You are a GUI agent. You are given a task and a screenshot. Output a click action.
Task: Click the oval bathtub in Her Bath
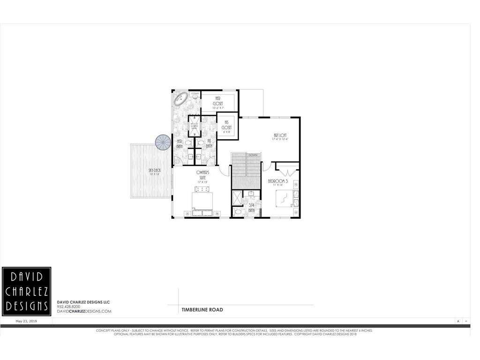[180, 99]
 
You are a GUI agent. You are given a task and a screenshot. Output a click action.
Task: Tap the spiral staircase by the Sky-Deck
[164, 142]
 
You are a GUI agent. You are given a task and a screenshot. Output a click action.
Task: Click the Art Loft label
[279, 137]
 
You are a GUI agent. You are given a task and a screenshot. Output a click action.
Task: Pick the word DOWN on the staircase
[253, 155]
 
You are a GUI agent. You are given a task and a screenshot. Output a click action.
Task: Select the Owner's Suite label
[202, 175]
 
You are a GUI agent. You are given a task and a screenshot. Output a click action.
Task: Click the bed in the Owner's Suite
[202, 201]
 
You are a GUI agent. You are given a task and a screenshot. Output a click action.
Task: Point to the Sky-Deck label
[154, 172]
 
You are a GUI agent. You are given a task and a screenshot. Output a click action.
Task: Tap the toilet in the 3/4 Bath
[239, 212]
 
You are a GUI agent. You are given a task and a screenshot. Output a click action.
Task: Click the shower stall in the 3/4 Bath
[237, 197]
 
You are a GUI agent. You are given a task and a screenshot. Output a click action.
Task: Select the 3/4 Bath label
[251, 207]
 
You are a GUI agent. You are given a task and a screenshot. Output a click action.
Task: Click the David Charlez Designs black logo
[26, 291]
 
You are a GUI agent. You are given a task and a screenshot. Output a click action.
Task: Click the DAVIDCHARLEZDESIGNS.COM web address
[84, 311]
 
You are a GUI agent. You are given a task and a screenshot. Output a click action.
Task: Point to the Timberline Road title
[202, 310]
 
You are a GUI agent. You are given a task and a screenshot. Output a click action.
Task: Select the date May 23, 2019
[26, 322]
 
